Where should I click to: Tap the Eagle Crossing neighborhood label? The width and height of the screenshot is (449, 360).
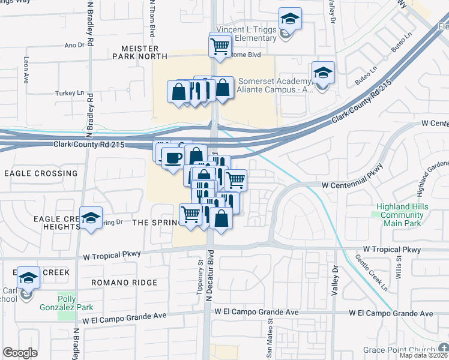[41, 173]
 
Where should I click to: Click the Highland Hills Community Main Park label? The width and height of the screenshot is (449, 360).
[402, 215]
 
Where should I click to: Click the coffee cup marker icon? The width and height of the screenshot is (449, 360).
[173, 158]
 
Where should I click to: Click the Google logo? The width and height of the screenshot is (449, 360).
[20, 353]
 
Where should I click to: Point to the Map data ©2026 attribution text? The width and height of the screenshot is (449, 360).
[423, 355]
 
